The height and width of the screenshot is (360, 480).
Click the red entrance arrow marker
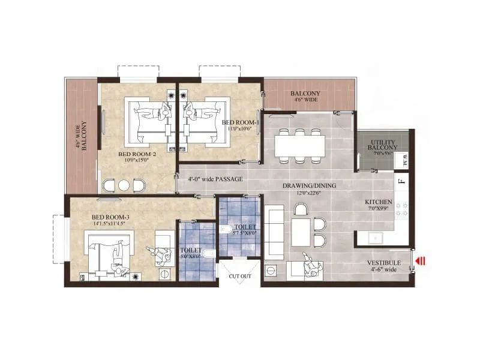[421, 260]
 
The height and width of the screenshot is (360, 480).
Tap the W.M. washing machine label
[405, 160]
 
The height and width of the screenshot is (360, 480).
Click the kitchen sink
[377, 238]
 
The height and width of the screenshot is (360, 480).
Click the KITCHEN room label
[379, 202]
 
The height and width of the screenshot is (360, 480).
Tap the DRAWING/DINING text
[310, 186]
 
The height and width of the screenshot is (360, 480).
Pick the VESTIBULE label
[383, 263]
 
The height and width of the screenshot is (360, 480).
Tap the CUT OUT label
[239, 276]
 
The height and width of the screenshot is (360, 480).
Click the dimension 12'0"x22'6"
[310, 194]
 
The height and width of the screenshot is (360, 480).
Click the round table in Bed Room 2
[124, 185]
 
